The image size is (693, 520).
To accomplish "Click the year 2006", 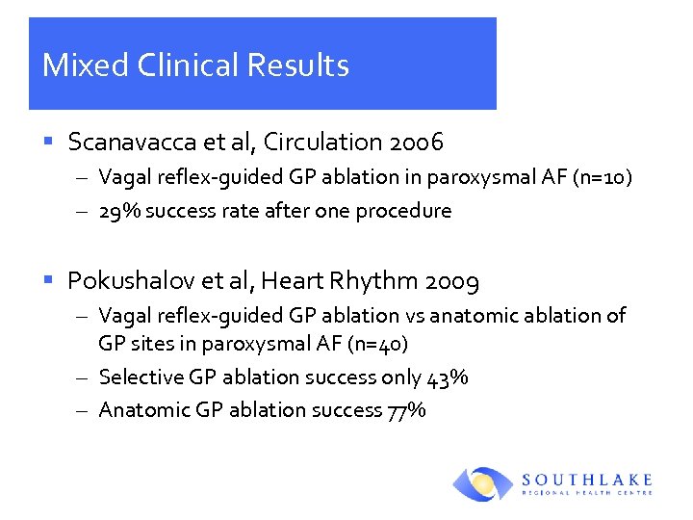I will [x=417, y=143].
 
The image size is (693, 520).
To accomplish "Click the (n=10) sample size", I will [x=603, y=179].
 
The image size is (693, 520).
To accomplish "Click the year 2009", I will [x=452, y=281].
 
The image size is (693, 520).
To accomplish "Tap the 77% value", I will [x=406, y=410].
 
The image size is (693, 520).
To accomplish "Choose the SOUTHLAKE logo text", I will [x=587, y=479].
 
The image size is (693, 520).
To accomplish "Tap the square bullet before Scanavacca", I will [x=48, y=143].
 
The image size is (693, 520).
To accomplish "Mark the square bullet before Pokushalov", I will [x=48, y=282].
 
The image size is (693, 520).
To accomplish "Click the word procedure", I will [x=403, y=211].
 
